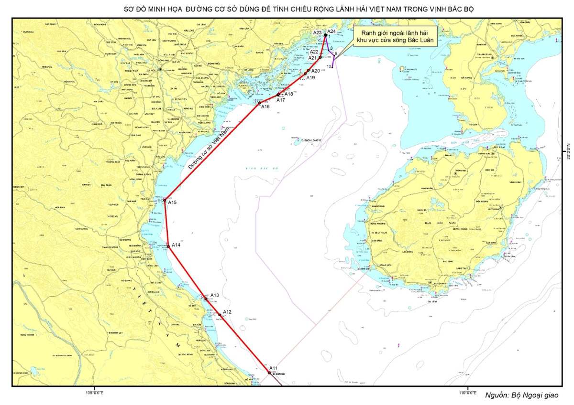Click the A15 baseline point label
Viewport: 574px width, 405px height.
(x=172, y=202)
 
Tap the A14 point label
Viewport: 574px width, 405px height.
(x=176, y=245)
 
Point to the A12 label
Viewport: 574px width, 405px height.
(x=227, y=312)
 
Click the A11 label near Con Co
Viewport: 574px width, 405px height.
(x=273, y=368)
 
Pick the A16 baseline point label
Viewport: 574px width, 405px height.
(x=265, y=107)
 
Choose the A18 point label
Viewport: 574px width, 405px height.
(x=288, y=94)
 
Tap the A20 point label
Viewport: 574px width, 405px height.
(x=315, y=71)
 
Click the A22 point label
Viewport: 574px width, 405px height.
(x=314, y=52)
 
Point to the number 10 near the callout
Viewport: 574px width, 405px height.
(x=329, y=66)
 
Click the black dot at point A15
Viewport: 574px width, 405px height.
(x=165, y=201)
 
